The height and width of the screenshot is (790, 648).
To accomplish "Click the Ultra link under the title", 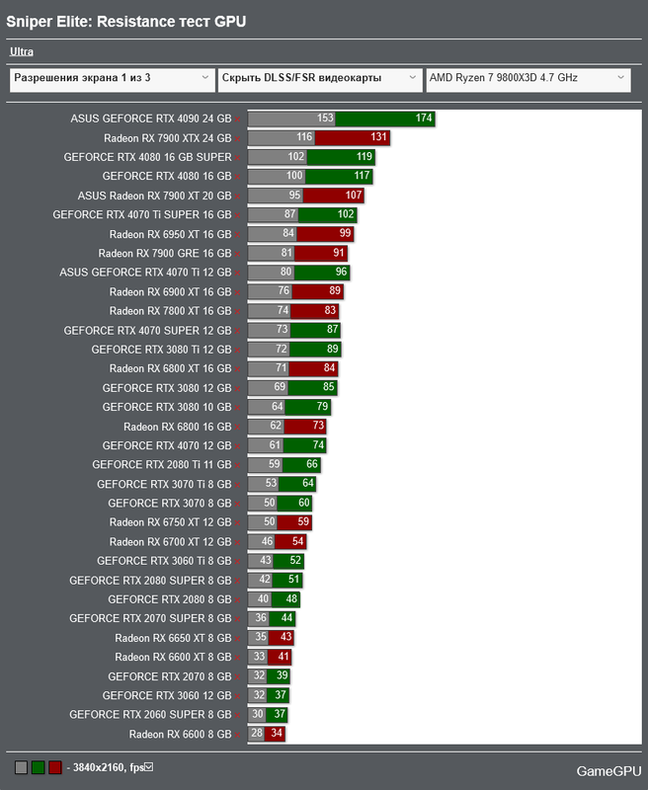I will tap(21, 51).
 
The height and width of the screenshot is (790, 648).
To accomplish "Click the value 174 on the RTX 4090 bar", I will tap(424, 118).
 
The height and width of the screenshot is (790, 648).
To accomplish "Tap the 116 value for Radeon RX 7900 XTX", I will tap(304, 138).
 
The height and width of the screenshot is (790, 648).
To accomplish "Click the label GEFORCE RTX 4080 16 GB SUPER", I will tap(147, 157).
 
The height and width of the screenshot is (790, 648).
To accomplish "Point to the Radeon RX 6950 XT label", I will tap(170, 234).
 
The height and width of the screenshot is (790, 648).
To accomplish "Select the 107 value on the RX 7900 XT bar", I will tap(355, 196).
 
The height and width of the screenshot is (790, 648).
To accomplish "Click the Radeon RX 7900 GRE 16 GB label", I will tap(164, 254).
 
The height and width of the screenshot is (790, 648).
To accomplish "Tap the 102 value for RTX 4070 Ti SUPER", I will tap(346, 215).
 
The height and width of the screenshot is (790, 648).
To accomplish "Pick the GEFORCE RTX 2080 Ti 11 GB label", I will tap(161, 465).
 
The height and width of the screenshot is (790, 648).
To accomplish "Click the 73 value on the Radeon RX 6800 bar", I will tap(318, 427).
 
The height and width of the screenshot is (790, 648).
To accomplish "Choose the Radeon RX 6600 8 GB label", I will tap(180, 735).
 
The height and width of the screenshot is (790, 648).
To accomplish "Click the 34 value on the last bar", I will tap(277, 735).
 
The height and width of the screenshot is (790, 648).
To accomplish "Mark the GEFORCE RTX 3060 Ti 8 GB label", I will tap(164, 561).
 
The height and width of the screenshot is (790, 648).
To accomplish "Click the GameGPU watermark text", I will tap(608, 770).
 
